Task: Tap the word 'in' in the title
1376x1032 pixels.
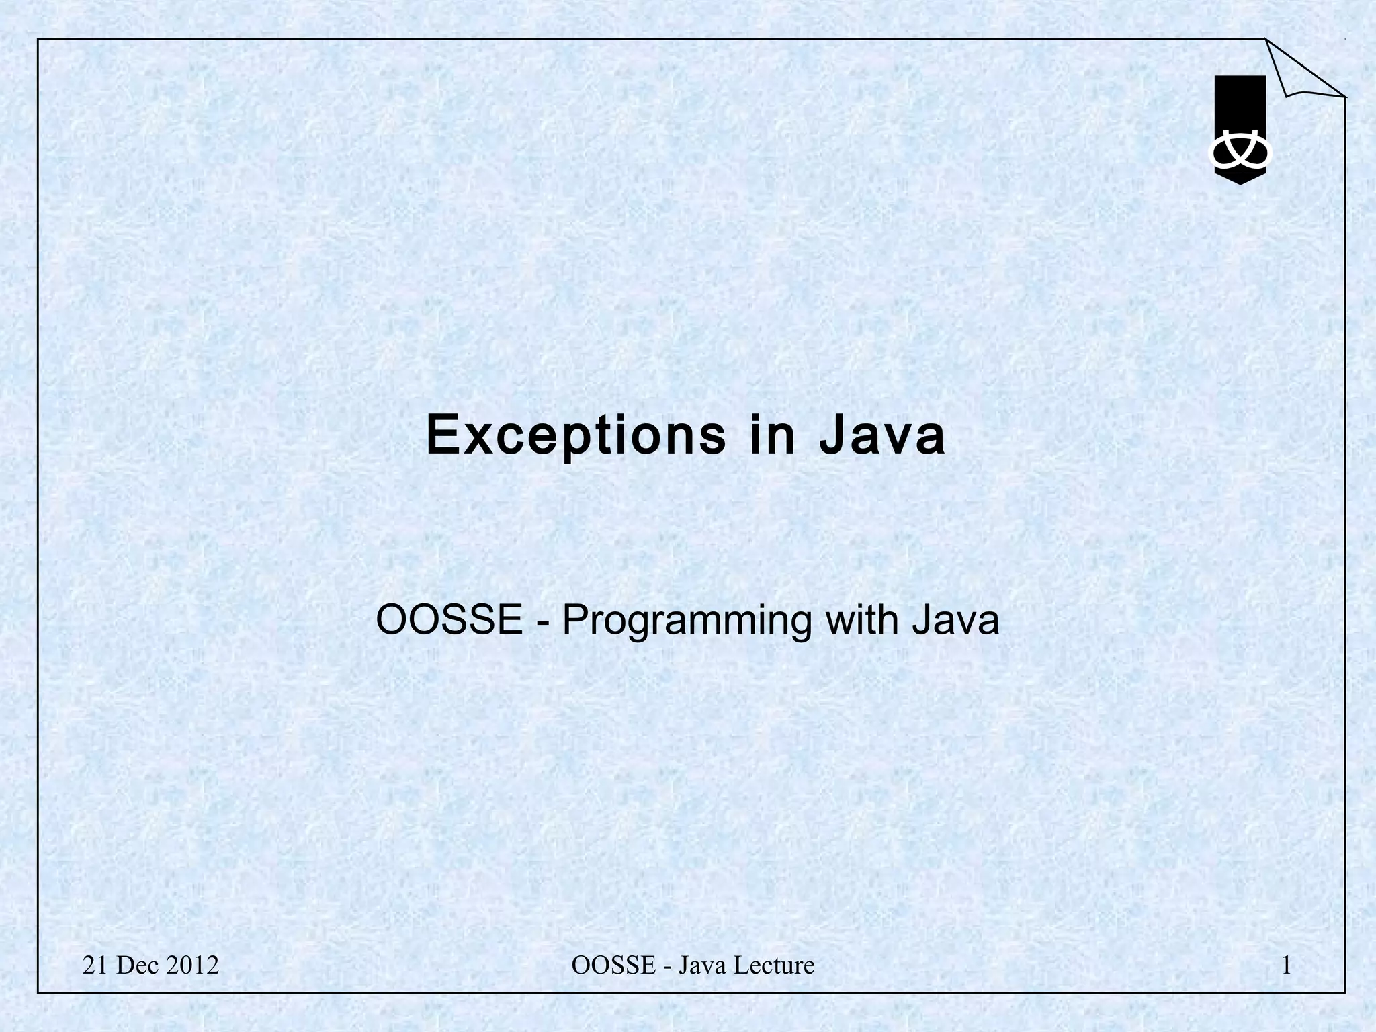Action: pyautogui.click(x=773, y=435)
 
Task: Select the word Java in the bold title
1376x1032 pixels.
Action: pyautogui.click(x=881, y=435)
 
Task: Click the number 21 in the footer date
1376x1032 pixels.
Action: pyautogui.click(x=95, y=965)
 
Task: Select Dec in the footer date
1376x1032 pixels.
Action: pyautogui.click(x=136, y=965)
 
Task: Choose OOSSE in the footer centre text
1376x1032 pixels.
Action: pyautogui.click(x=613, y=965)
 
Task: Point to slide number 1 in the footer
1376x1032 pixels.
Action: pyautogui.click(x=1286, y=965)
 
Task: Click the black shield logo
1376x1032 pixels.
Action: pyautogui.click(x=1240, y=107)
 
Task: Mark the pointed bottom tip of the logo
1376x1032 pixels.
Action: pyautogui.click(x=1240, y=182)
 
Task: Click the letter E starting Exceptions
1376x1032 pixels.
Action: pyautogui.click(x=441, y=435)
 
